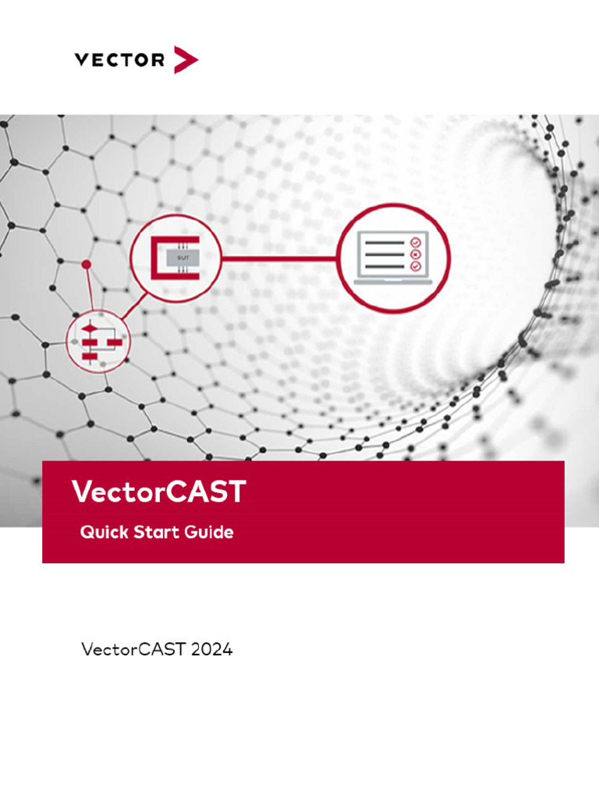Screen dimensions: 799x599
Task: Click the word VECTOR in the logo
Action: coord(119,60)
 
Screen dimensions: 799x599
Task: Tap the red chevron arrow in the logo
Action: coord(186,60)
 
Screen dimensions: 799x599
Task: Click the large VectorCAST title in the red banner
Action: coord(159,492)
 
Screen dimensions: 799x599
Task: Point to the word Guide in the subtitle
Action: coord(209,533)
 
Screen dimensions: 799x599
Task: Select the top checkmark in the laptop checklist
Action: coord(415,242)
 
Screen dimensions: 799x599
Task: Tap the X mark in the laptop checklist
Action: coord(415,254)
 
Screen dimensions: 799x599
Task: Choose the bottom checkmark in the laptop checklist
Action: coord(415,266)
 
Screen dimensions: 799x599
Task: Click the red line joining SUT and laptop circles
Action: coord(279,257)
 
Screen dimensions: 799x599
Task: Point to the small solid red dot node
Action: coord(87,265)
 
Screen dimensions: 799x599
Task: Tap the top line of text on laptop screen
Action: coord(385,243)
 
